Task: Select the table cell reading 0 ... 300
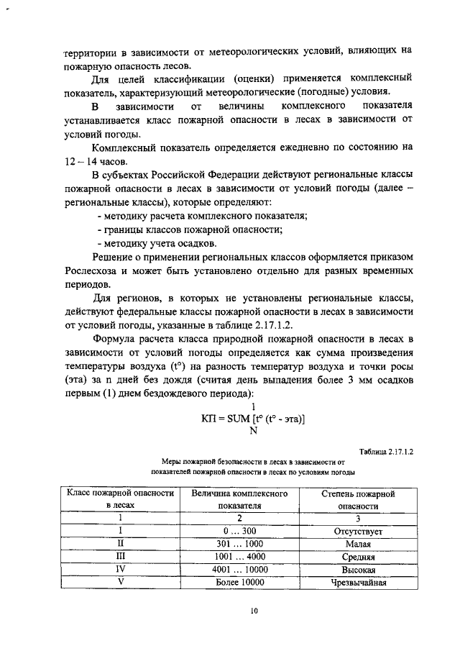click(239, 532)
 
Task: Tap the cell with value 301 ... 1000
click(239, 544)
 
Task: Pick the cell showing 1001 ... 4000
click(239, 557)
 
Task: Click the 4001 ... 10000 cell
click(239, 570)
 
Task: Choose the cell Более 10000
click(239, 582)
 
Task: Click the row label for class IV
click(121, 570)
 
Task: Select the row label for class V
click(121, 582)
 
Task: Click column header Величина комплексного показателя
click(239, 500)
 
